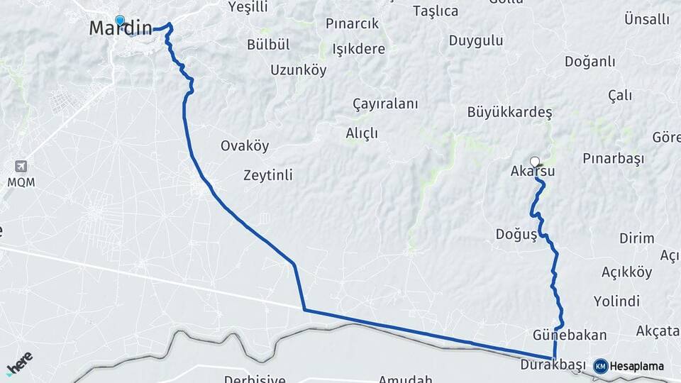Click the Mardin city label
tap(121, 29)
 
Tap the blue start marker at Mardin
tap(119, 21)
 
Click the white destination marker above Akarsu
tap(535, 161)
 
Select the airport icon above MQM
tap(21, 167)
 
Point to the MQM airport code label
tap(21, 182)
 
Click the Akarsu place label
tap(532, 172)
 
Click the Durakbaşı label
tap(552, 365)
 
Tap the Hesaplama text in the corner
tap(637, 367)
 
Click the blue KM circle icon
tap(600, 367)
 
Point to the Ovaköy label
tap(245, 146)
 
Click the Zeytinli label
tap(267, 174)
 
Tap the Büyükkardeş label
tap(509, 112)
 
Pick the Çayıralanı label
tap(385, 104)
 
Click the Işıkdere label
tap(358, 50)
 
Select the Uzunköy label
tap(298, 70)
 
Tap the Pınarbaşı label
tap(613, 158)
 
